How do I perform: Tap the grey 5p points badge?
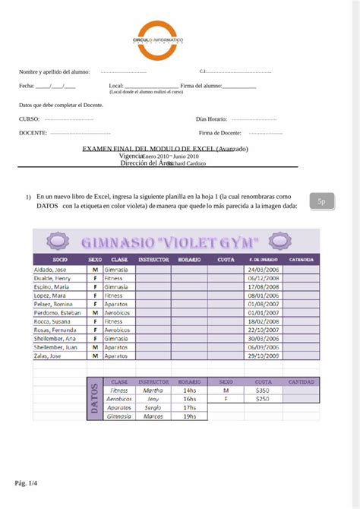coord(321,201)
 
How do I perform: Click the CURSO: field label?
coord(30,119)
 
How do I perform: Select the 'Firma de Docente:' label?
coord(220,133)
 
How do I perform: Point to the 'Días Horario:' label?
coord(211,119)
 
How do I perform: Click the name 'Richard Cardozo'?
coord(186,163)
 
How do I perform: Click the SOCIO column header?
coord(61,260)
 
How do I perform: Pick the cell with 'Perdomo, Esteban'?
coord(57,312)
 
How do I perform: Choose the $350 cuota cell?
coord(263,390)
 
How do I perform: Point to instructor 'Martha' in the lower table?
coord(153,390)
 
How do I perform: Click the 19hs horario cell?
coord(189,416)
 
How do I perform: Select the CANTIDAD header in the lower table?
coord(301,381)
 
